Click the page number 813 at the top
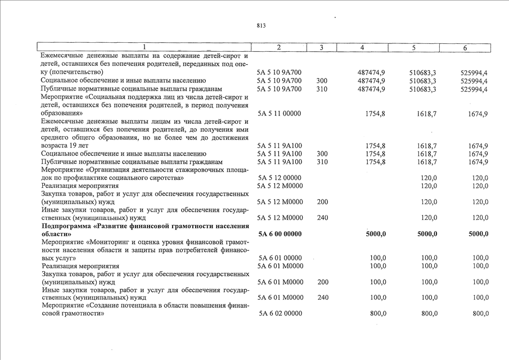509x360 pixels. click(261, 26)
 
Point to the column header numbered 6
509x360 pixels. click(465, 48)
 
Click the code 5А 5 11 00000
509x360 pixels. click(280, 113)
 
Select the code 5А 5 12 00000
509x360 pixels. click(280, 178)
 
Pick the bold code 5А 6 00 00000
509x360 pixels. click(280, 234)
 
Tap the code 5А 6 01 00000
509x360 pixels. click(280, 258)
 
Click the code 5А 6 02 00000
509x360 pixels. click(280, 313)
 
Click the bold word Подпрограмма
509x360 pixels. click(70, 226)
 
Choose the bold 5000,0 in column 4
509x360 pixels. click(376, 234)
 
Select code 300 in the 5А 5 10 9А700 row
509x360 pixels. click(322, 80)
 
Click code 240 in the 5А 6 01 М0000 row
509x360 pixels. click(323, 298)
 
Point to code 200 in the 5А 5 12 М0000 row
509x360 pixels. click(323, 201)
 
